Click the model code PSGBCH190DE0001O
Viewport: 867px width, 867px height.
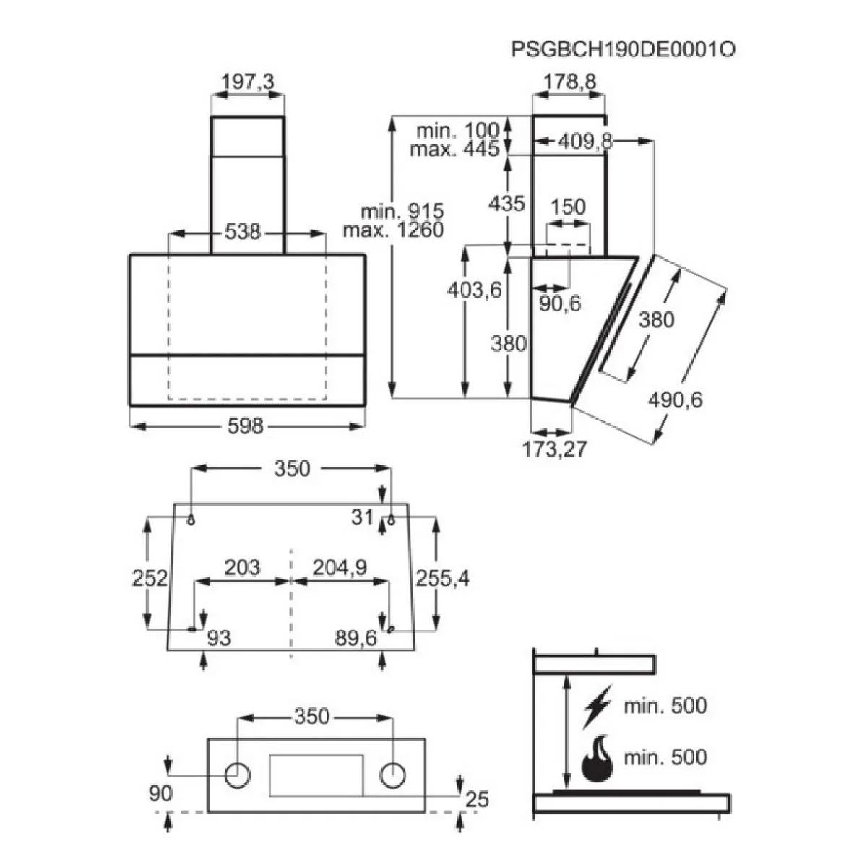coord(623,50)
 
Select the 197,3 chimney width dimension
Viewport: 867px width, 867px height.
coord(248,82)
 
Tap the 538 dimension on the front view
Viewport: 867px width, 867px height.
coord(243,232)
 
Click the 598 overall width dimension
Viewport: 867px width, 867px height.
coord(245,426)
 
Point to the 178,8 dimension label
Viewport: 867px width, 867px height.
coord(569,82)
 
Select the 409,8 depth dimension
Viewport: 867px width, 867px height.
coord(585,142)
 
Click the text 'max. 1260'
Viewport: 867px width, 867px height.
coord(393,230)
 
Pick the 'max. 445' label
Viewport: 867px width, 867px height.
coord(454,149)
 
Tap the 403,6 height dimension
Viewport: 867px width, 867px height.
coord(474,290)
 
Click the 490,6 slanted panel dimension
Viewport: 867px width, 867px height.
coord(675,400)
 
